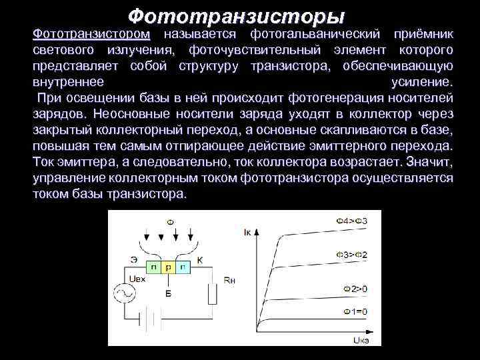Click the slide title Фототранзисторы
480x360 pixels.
236,14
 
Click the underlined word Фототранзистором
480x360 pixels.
91,33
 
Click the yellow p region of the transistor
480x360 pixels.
167,267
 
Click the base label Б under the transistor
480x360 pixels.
168,292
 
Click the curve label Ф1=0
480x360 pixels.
355,312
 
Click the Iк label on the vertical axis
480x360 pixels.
249,232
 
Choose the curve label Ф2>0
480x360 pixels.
355,289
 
